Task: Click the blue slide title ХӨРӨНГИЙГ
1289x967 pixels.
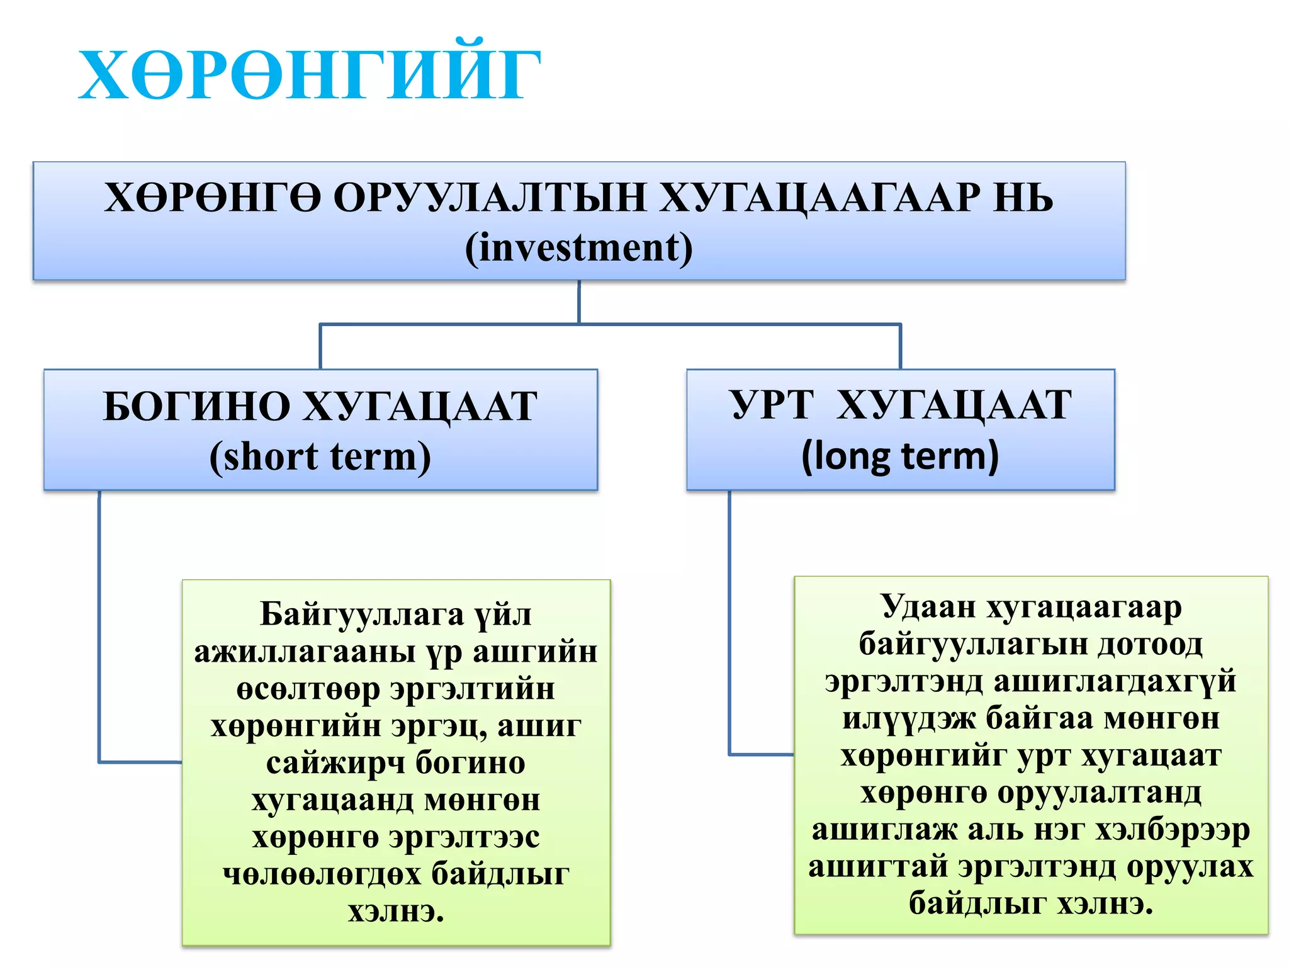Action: click(x=308, y=76)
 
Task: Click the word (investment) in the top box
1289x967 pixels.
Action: click(x=579, y=247)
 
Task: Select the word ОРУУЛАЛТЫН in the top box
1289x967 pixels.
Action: click(x=490, y=198)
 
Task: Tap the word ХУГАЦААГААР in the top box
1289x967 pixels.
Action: click(x=819, y=198)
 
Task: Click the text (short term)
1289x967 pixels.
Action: click(x=320, y=456)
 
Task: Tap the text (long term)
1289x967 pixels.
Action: click(x=900, y=456)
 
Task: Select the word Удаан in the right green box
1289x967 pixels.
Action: click(x=928, y=608)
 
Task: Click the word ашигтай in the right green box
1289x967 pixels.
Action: click(x=879, y=867)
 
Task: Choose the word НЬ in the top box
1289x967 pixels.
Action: click(x=1023, y=198)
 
